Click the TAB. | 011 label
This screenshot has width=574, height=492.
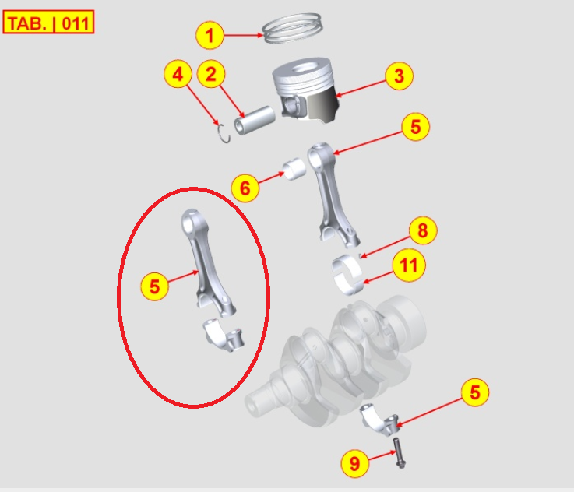tap(49, 23)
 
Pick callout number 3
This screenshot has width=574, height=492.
tap(399, 76)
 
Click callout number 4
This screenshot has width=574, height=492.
tap(178, 75)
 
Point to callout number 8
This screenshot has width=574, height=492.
tap(423, 231)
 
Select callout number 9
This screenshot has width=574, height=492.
tap(355, 464)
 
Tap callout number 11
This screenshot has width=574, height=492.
tap(409, 266)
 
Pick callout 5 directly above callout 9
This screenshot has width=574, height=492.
tap(474, 393)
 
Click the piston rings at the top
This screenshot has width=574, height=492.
tap(294, 30)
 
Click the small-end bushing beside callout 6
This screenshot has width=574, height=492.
tap(294, 169)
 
